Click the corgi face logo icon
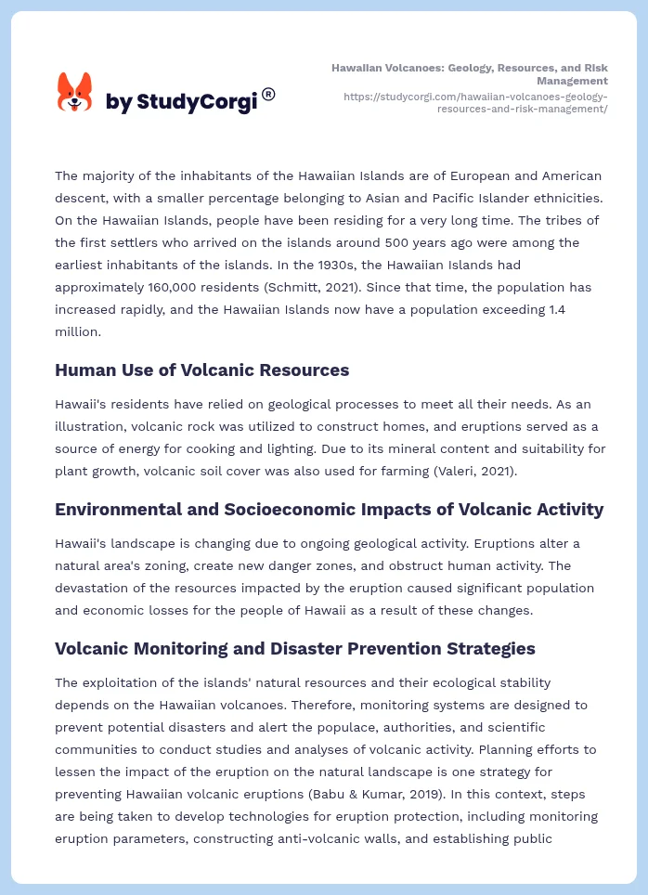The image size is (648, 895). (x=75, y=93)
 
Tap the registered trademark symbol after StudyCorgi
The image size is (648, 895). (x=268, y=95)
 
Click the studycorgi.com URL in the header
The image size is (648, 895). (x=474, y=102)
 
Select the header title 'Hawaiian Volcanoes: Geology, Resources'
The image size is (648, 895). (x=470, y=74)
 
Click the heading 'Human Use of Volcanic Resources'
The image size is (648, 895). (x=201, y=370)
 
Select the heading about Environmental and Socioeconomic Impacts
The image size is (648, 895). (x=329, y=509)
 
